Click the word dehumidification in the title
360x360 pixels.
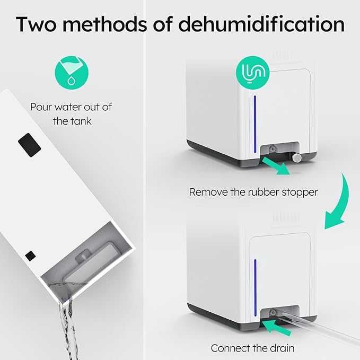261,24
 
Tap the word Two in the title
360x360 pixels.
36,24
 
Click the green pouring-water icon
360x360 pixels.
72,73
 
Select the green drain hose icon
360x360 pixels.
253,73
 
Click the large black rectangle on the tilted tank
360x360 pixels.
30,145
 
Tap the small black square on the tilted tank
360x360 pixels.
30,256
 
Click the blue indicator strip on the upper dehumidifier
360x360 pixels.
255,124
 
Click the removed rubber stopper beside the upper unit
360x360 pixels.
297,157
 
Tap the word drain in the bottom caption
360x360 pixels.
282,348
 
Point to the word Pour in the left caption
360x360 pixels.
41,107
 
